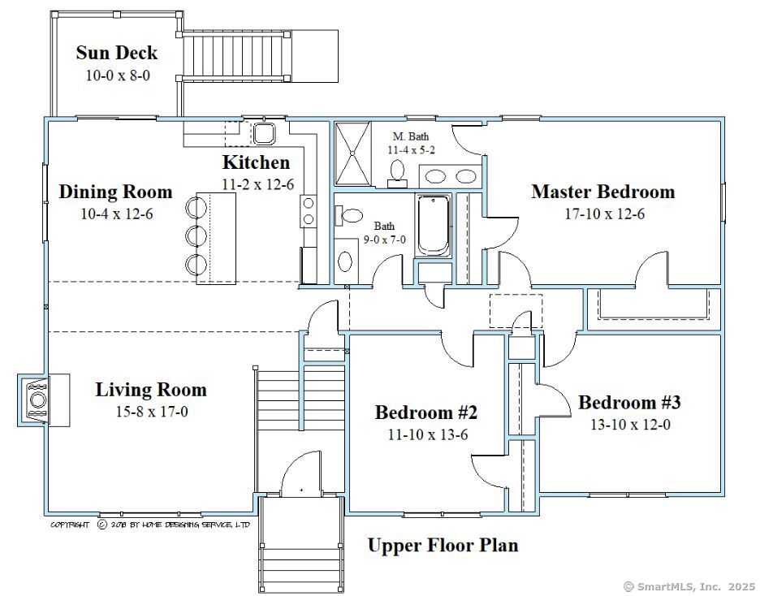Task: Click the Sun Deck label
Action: pos(116,54)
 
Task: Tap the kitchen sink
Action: pos(264,133)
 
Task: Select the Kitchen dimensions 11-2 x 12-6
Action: pos(257,184)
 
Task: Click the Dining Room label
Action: pos(115,192)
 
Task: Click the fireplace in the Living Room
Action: pos(37,399)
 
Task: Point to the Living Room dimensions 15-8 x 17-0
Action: pos(152,412)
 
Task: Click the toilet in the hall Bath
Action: pos(351,216)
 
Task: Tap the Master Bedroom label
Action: pos(602,192)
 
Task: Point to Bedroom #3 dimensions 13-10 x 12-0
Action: pos(629,424)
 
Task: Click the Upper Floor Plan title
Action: pos(443,545)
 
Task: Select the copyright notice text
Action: pos(150,525)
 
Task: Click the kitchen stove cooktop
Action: pos(309,210)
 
